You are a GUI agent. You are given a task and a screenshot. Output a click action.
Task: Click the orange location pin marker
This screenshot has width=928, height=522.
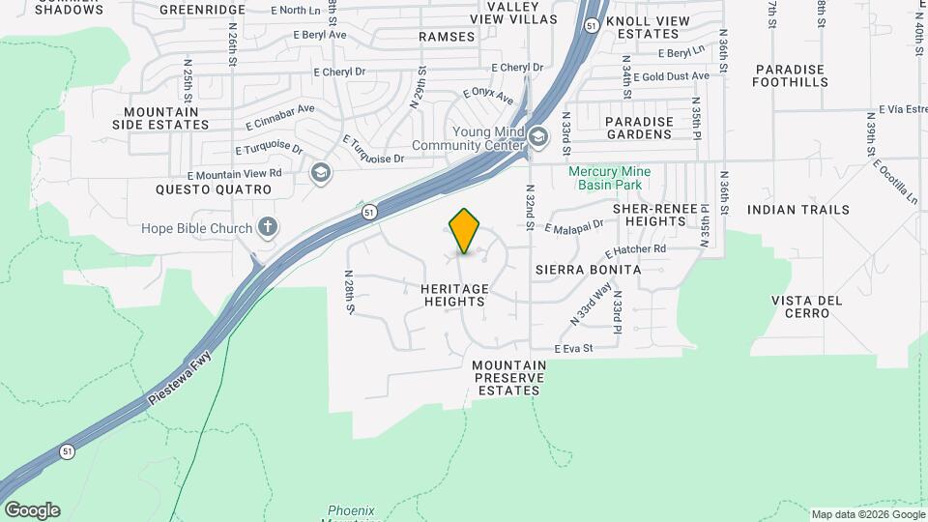465,231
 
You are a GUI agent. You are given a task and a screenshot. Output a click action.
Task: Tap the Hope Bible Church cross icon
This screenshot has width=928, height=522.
269,228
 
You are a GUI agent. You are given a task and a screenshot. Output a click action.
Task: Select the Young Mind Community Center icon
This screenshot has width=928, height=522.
538,138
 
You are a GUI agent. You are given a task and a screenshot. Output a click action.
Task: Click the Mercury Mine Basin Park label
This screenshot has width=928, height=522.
609,178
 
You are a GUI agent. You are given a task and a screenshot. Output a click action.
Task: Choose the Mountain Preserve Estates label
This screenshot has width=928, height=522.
509,378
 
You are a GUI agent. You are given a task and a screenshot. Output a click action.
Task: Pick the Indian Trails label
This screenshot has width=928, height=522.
797,210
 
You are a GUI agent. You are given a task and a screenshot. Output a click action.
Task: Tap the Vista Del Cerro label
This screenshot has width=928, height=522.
807,306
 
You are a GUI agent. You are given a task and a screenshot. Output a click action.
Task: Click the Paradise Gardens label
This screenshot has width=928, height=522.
638,128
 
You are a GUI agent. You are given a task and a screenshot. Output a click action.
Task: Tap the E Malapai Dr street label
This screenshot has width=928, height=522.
573,227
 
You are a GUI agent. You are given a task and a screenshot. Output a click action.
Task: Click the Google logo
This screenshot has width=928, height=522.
32,510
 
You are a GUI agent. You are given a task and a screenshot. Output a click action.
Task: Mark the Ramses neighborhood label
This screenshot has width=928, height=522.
447,37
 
